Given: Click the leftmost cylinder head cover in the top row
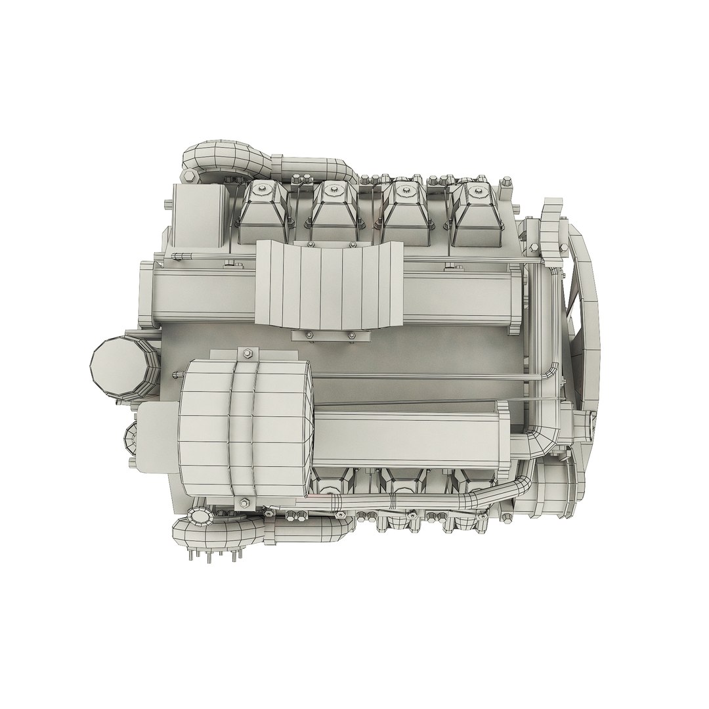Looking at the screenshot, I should (x=263, y=210).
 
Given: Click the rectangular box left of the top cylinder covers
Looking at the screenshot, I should (x=199, y=217).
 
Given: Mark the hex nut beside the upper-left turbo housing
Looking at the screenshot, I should (x=188, y=175).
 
